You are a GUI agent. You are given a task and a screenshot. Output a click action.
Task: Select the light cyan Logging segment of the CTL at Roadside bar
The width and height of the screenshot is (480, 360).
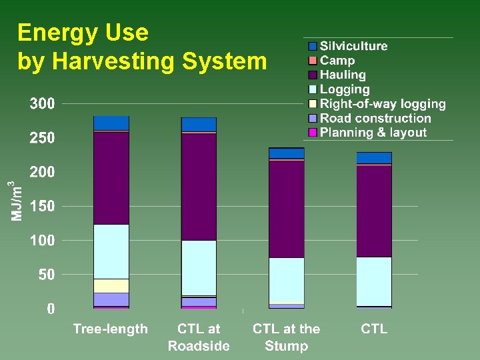(x=199, y=267)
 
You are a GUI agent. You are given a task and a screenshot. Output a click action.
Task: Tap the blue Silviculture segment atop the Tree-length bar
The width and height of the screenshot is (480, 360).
(x=111, y=123)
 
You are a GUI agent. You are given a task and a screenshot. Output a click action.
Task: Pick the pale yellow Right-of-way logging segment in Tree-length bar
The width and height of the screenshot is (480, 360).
(x=111, y=285)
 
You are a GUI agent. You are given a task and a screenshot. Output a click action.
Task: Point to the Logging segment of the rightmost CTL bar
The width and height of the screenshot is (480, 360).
(x=374, y=281)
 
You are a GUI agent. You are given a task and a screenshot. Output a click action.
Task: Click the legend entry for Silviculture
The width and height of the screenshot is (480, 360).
(x=353, y=46)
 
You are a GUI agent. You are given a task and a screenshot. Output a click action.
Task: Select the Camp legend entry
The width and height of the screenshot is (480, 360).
(x=337, y=61)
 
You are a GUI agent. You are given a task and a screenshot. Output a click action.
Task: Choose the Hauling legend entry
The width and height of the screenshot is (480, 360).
(x=343, y=75)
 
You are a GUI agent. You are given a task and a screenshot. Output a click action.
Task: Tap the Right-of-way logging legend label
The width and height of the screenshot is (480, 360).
(x=383, y=103)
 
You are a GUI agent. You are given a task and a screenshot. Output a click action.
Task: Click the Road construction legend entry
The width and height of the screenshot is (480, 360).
(x=375, y=118)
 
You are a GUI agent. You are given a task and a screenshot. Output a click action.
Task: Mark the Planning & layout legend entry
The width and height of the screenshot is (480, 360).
(x=373, y=132)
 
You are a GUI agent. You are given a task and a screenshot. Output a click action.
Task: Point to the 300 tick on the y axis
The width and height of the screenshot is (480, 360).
(x=42, y=104)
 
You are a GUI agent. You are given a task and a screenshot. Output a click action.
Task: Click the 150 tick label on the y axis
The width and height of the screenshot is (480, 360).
(x=42, y=207)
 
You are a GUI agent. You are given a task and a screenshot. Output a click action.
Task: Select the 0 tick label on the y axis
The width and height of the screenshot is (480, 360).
(x=50, y=309)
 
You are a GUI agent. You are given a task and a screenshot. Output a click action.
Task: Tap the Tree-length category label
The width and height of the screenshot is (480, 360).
(x=110, y=329)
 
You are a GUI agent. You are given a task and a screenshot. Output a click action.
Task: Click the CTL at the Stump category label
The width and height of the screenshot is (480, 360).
(x=286, y=337)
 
